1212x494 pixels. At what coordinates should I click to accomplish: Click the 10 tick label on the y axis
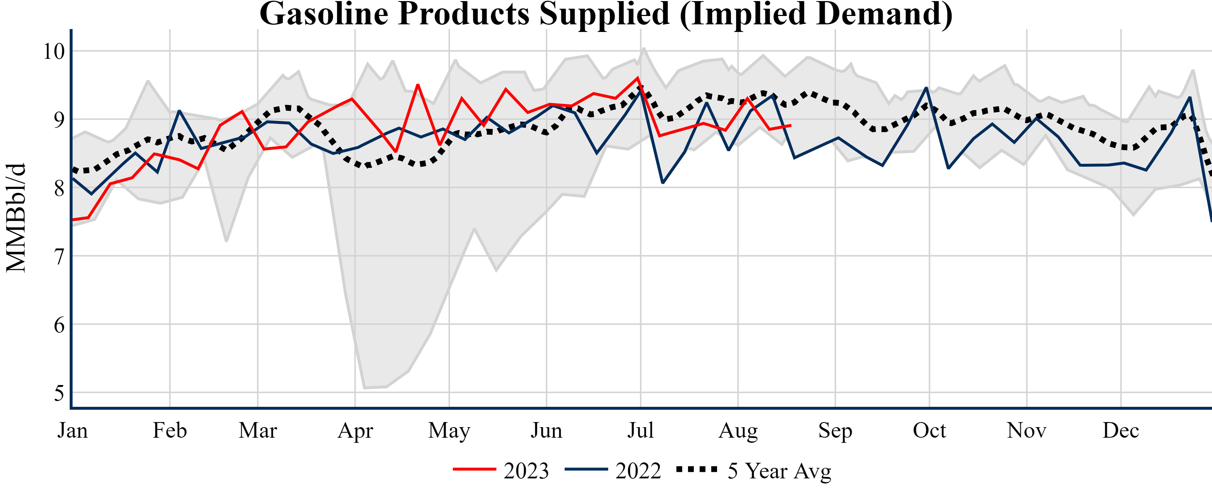click(x=54, y=51)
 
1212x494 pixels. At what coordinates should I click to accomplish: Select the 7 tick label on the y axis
click(x=59, y=257)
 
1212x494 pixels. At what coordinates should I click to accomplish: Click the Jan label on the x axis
click(x=73, y=430)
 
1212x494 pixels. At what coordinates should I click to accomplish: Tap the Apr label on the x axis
click(x=355, y=430)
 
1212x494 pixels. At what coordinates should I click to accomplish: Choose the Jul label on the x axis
click(x=640, y=430)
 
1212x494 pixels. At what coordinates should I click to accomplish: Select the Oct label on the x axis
click(x=929, y=430)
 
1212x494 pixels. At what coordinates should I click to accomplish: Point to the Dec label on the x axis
click(x=1121, y=430)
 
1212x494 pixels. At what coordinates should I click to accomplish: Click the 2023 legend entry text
click(x=526, y=470)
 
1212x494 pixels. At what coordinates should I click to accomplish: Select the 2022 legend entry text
click(x=638, y=470)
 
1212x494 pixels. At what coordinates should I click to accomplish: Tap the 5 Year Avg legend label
click(x=779, y=470)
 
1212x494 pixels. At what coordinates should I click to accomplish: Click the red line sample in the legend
click(x=474, y=469)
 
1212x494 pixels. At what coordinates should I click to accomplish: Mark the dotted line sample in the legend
click(x=697, y=469)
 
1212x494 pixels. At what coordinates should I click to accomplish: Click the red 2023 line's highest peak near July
click(x=638, y=78)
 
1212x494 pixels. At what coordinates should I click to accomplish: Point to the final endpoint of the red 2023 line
click(x=790, y=125)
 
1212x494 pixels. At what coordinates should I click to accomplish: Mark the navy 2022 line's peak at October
click(x=926, y=88)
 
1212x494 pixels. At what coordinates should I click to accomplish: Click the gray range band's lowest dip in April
click(x=365, y=388)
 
